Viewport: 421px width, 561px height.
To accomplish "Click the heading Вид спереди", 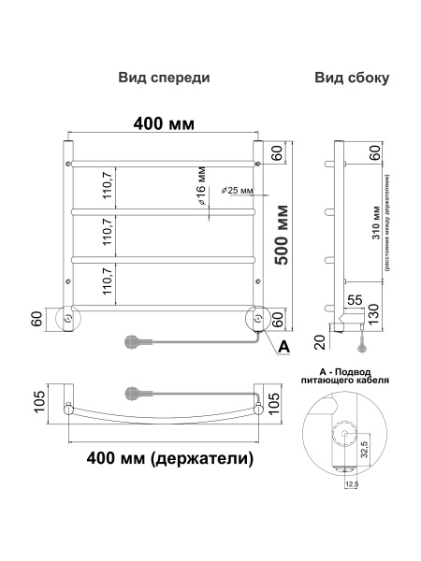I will pyautogui.click(x=164, y=79).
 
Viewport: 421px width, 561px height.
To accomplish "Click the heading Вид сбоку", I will pyautogui.click(x=352, y=79).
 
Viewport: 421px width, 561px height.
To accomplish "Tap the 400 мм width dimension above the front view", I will pyautogui.click(x=162, y=122).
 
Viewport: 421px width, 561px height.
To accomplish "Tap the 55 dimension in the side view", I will pyautogui.click(x=355, y=300).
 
